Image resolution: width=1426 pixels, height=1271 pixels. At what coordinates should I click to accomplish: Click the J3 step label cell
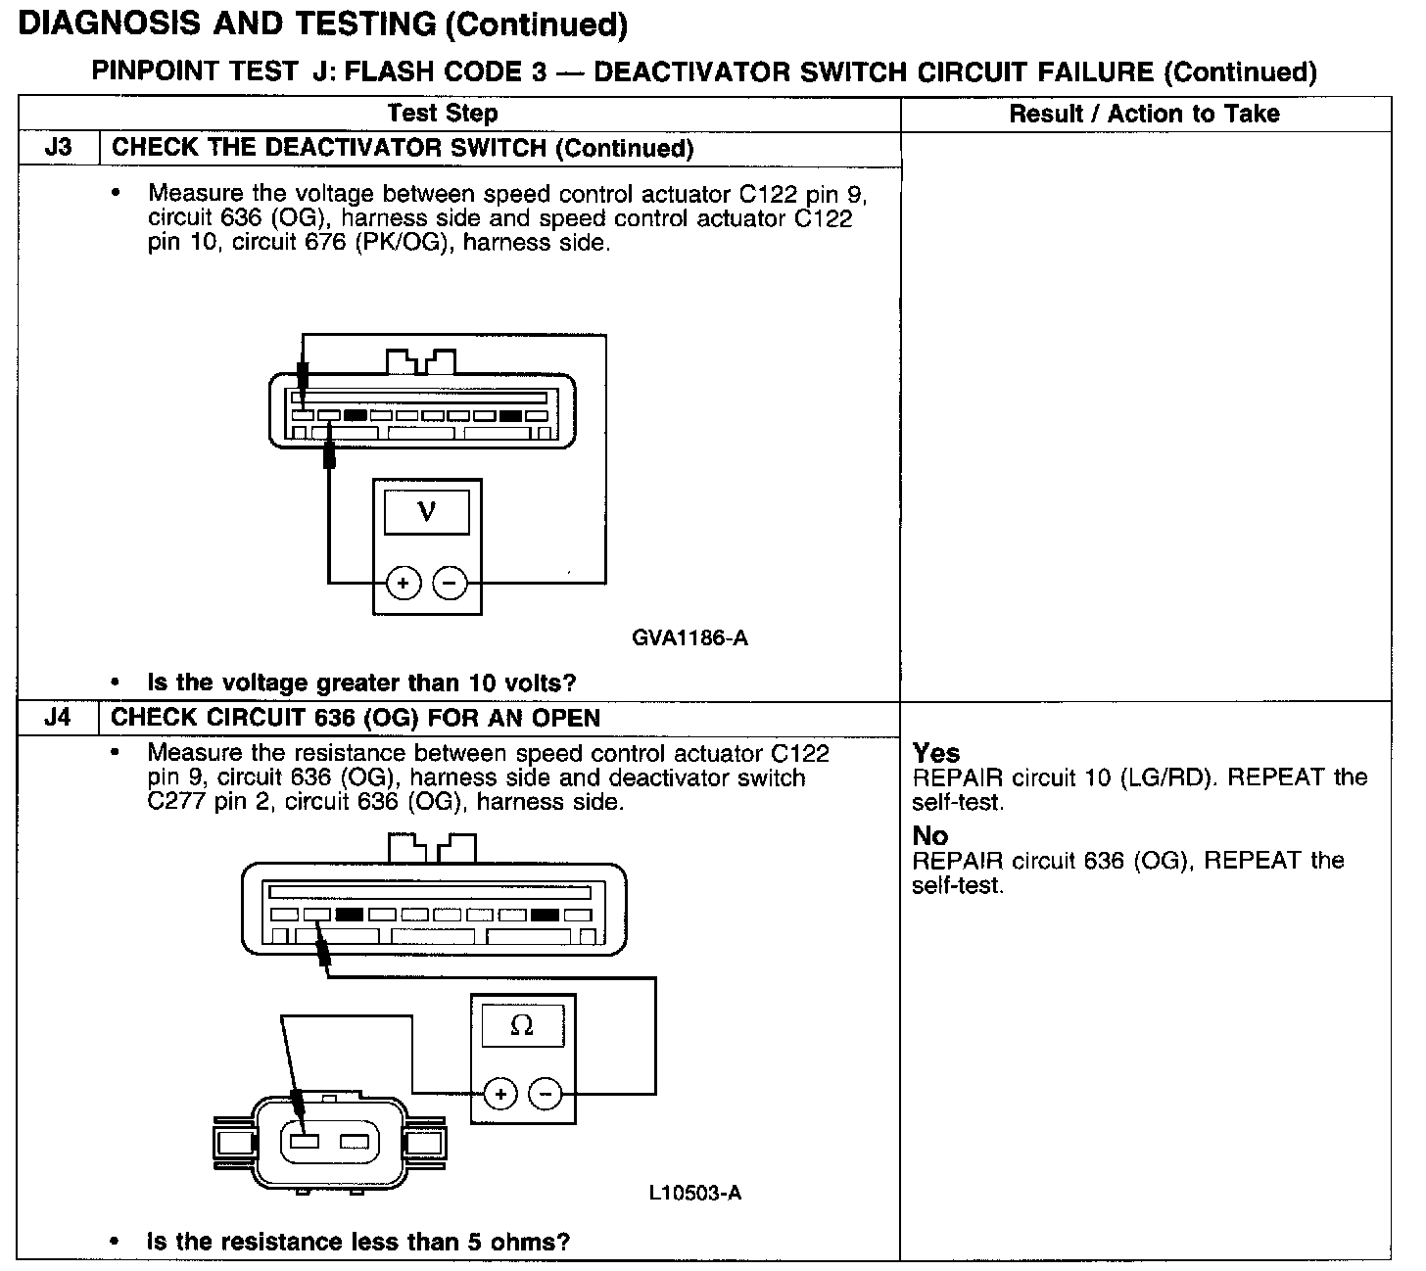coord(59,148)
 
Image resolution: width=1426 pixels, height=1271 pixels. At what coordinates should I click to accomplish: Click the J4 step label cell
coord(59,718)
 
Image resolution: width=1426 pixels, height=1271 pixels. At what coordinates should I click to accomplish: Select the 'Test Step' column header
coord(443,114)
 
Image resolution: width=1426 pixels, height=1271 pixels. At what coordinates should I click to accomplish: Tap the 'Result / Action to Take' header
coord(1144,114)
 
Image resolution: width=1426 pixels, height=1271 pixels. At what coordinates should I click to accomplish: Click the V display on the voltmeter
coord(426,511)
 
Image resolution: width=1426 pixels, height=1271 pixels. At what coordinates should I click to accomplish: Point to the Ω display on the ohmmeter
coord(522,1026)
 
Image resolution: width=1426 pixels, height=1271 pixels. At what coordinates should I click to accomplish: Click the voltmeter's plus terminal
coord(404,584)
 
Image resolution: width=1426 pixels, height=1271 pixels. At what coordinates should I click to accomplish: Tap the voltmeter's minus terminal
coord(450,584)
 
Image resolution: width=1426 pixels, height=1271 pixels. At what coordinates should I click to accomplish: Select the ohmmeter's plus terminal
coord(500,1093)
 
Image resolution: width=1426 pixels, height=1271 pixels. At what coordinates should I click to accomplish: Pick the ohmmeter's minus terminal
coord(546,1093)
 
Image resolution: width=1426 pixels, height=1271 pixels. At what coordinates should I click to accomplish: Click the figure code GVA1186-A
coord(689,638)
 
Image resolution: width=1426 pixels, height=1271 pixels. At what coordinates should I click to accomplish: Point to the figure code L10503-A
coord(694,1193)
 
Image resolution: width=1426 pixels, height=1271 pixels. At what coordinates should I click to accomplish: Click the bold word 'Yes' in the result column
coord(936,753)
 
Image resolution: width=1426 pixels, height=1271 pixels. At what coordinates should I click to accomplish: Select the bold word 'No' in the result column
coord(930,836)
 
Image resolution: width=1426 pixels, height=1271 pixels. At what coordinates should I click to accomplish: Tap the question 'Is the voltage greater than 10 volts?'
coord(361,683)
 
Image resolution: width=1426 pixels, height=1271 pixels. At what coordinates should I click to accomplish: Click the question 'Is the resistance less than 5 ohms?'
coord(357,1243)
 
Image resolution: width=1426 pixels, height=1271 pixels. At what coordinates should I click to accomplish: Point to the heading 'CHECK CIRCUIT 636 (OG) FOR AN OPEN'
coord(356,718)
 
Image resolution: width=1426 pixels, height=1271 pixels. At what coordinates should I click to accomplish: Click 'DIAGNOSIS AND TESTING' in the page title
coord(227,24)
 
